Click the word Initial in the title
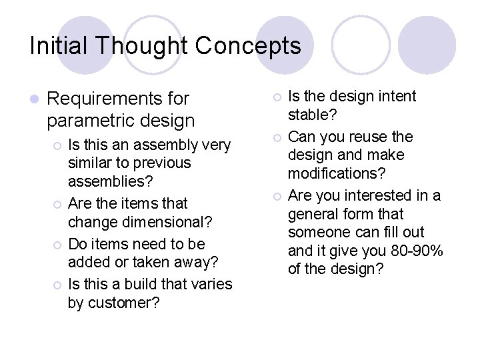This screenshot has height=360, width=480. (x=58, y=46)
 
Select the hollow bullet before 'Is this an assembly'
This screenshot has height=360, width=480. (x=57, y=145)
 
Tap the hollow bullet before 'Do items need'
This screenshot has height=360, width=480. (x=57, y=245)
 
